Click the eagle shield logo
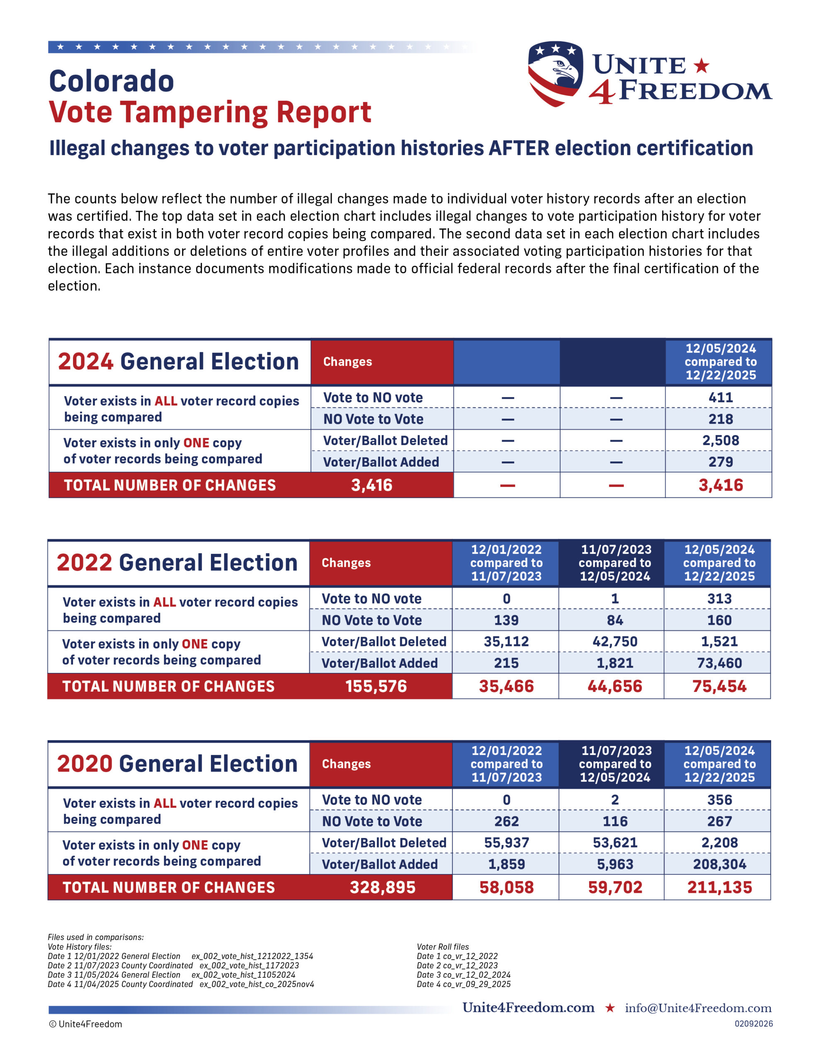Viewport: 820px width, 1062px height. point(555,73)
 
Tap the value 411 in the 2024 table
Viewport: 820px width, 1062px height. point(721,397)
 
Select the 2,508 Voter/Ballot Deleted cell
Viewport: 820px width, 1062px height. point(721,440)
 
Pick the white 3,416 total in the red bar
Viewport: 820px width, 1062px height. point(371,485)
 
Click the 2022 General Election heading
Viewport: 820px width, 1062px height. point(177,563)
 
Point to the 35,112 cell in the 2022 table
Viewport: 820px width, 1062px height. point(506,641)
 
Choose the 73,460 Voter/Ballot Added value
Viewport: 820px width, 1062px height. point(719,663)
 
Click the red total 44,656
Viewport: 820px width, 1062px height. point(615,686)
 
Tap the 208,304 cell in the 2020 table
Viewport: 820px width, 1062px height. point(719,864)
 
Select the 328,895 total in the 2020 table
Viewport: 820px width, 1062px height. point(383,887)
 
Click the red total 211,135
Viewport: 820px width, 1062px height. point(719,887)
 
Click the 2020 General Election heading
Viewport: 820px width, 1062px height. point(177,764)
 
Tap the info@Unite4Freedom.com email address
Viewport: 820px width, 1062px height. point(698,1008)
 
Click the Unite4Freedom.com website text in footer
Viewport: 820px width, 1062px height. point(529,1008)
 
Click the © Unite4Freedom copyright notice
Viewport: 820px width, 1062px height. point(85,1024)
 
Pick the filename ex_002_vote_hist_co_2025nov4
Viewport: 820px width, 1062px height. point(257,984)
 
